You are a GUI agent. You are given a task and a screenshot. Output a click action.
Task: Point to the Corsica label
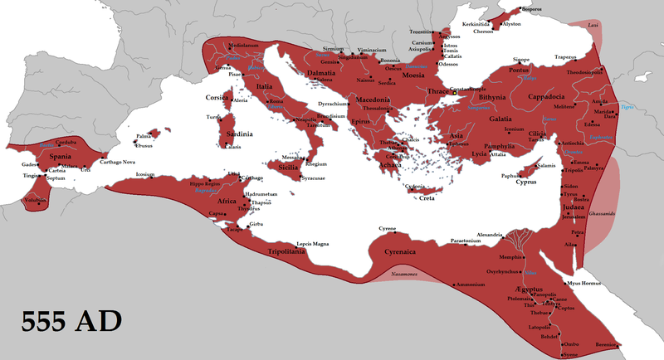218,97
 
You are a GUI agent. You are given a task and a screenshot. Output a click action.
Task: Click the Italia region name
270,85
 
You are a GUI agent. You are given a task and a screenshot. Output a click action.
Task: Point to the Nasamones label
400,274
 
